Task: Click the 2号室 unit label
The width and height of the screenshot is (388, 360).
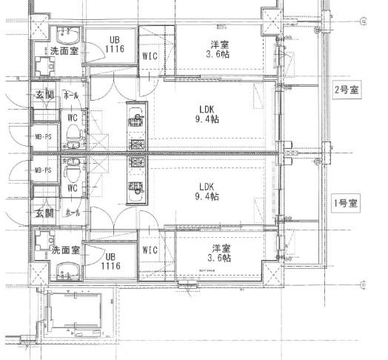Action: click(347, 90)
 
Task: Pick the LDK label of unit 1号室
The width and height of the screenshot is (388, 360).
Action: click(207, 186)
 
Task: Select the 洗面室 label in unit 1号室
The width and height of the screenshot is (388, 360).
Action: click(65, 250)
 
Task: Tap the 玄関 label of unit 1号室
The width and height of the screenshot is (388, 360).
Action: click(44, 213)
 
